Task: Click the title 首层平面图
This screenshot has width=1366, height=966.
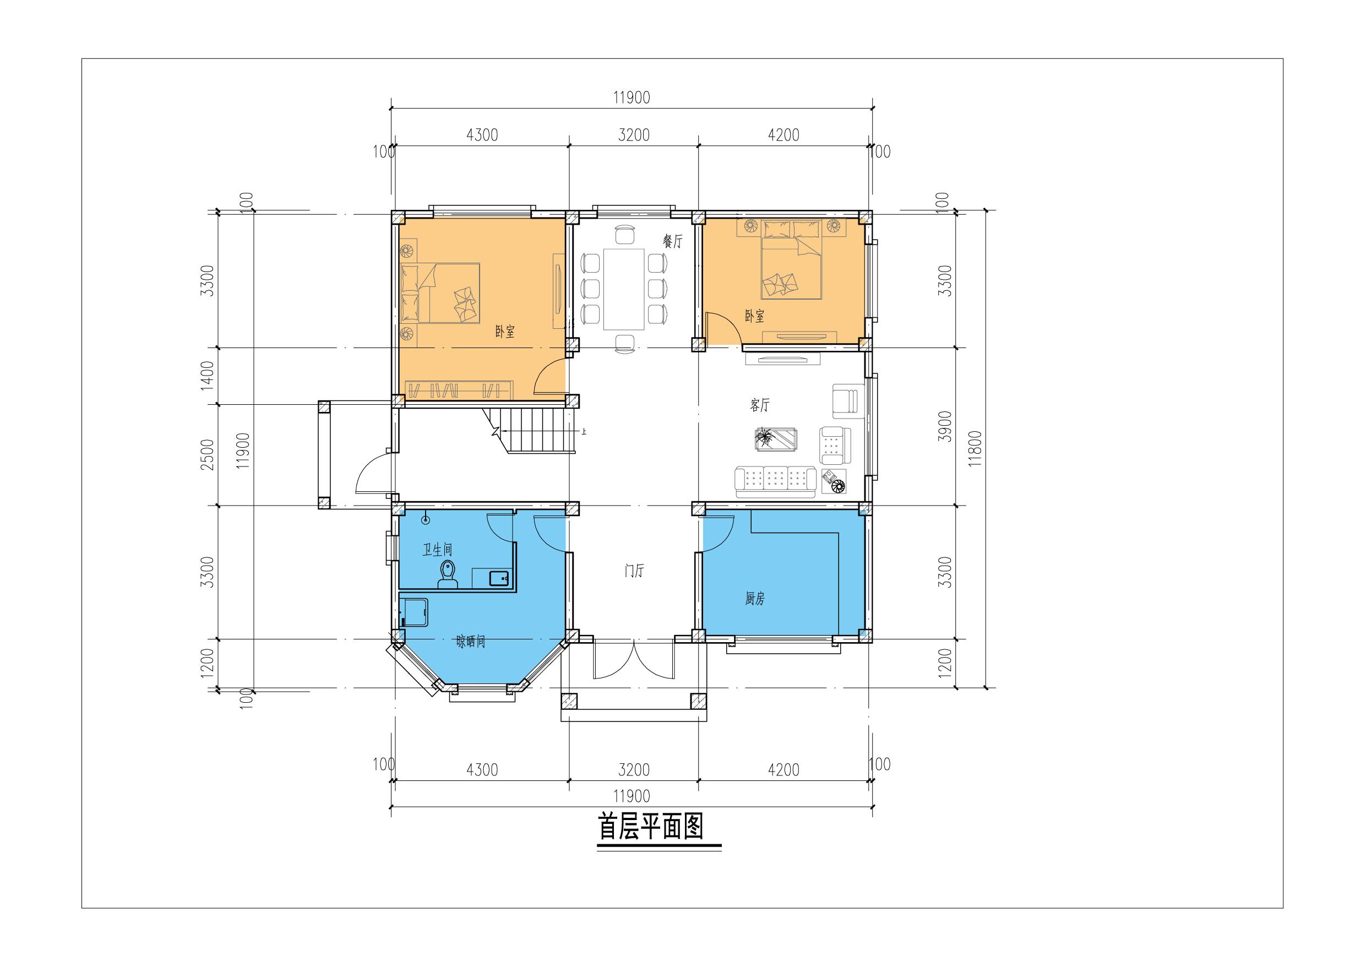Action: (650, 827)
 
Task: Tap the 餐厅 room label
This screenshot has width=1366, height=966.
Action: (673, 242)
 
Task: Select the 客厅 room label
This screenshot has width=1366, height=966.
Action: (760, 405)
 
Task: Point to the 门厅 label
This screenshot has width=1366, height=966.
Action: (634, 571)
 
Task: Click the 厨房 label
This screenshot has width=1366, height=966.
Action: (754, 599)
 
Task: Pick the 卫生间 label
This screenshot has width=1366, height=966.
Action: (437, 549)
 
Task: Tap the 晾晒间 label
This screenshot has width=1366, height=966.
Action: (471, 642)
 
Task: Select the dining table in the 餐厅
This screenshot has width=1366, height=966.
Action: (624, 289)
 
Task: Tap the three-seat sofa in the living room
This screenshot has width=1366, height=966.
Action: (775, 481)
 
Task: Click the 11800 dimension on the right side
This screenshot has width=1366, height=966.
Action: (973, 450)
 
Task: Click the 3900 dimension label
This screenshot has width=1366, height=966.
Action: (945, 426)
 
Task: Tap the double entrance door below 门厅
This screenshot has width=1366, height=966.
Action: (634, 660)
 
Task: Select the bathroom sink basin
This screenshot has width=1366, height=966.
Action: (499, 577)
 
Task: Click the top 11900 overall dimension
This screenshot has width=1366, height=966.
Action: (632, 97)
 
